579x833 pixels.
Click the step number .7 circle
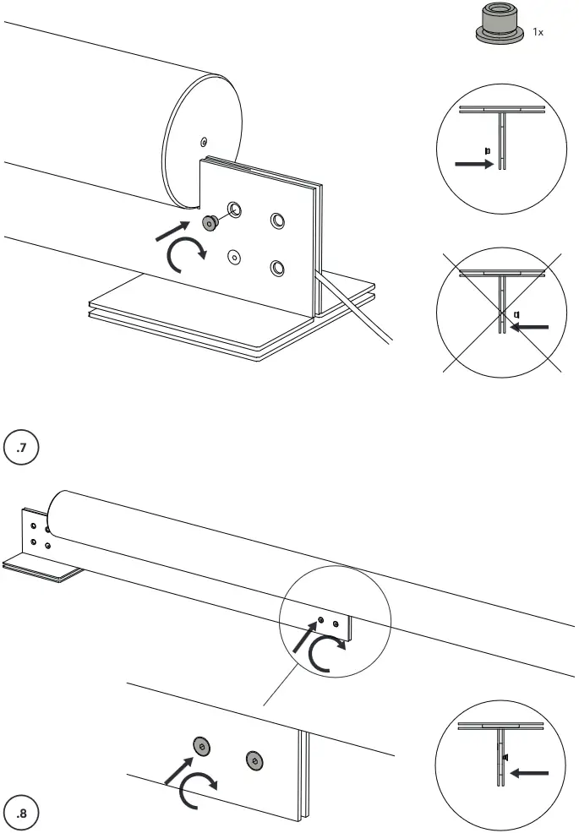[22, 448]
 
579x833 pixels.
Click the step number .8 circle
[22, 812]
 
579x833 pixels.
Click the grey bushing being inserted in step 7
[209, 222]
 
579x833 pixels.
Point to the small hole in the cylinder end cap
[203, 140]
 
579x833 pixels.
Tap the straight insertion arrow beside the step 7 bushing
[172, 231]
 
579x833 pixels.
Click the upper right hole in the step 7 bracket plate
[277, 220]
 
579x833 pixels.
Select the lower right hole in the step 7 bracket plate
[276, 268]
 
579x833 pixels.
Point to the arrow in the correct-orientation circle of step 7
[472, 165]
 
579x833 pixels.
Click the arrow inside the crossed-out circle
[532, 326]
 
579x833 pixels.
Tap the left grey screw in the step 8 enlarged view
[201, 746]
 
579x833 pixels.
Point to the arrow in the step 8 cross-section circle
[531, 772]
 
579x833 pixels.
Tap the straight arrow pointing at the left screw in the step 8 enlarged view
[177, 770]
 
